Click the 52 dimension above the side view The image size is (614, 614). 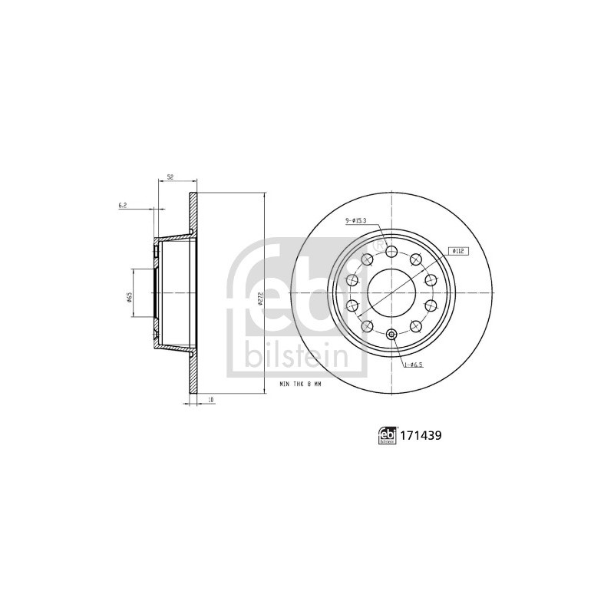[170, 177]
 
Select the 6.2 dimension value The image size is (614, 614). [122, 205]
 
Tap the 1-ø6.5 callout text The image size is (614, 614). [414, 364]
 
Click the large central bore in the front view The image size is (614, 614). [391, 292]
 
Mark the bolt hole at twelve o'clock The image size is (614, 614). [391, 251]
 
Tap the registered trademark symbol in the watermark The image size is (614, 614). [379, 244]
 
